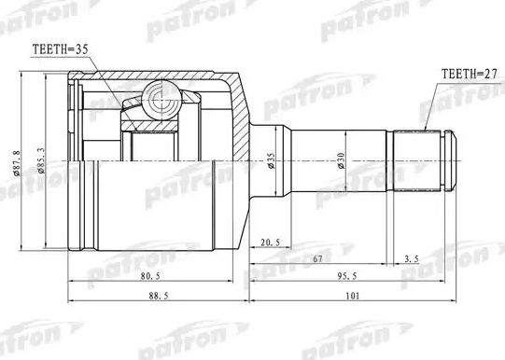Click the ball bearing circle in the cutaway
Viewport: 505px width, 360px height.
point(159,95)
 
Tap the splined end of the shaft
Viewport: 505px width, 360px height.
point(425,160)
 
